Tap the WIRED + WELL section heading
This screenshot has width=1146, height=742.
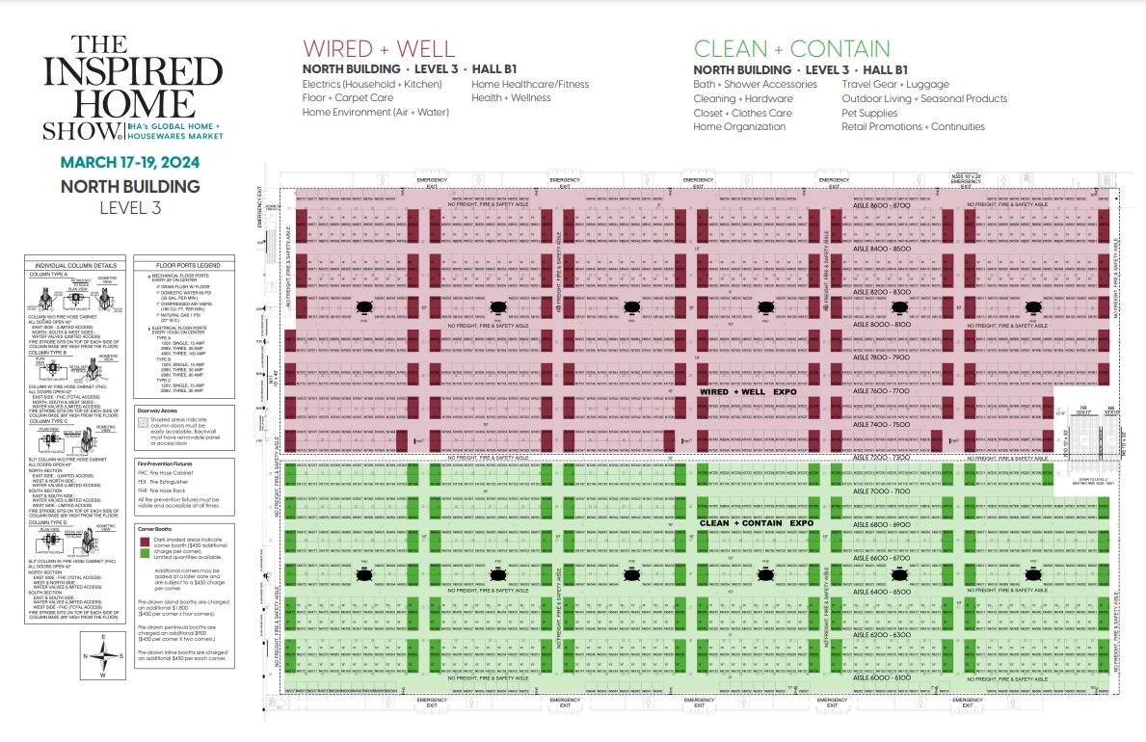click(379, 49)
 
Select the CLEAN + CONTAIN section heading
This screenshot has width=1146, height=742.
click(792, 49)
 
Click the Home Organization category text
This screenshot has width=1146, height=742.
click(739, 126)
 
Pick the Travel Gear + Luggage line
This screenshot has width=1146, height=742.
click(895, 84)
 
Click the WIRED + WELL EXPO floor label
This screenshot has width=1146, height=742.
click(749, 394)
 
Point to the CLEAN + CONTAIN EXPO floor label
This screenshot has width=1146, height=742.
click(757, 523)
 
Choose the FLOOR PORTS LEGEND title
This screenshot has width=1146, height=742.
click(173, 264)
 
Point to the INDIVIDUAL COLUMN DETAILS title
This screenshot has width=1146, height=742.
click(75, 264)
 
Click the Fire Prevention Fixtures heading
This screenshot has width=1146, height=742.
click(170, 463)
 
